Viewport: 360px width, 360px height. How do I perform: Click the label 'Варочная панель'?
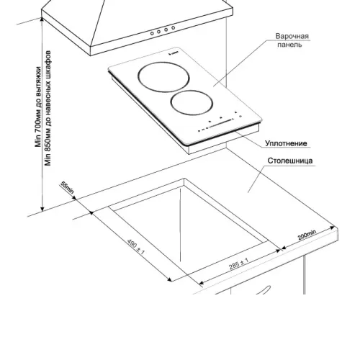point(292,40)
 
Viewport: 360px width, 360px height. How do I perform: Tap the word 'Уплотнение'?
point(286,143)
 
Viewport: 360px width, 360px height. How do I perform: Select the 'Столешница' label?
point(290,161)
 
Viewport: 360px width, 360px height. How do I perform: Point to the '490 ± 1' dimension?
point(136,247)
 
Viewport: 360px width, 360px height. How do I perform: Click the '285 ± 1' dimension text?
point(238,264)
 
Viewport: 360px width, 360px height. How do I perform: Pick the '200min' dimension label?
point(307,235)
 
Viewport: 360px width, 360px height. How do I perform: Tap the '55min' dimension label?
point(67,188)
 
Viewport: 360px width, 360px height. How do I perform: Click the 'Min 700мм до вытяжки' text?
point(38,107)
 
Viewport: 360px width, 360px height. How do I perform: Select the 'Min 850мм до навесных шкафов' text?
point(48,108)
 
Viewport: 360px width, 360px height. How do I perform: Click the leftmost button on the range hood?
point(152,33)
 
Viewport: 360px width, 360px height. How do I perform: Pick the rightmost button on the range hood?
point(174,28)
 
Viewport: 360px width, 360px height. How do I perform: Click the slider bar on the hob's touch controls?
point(221,123)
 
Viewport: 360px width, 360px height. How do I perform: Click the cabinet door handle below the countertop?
point(264,290)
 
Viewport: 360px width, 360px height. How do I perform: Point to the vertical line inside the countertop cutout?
point(180,225)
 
